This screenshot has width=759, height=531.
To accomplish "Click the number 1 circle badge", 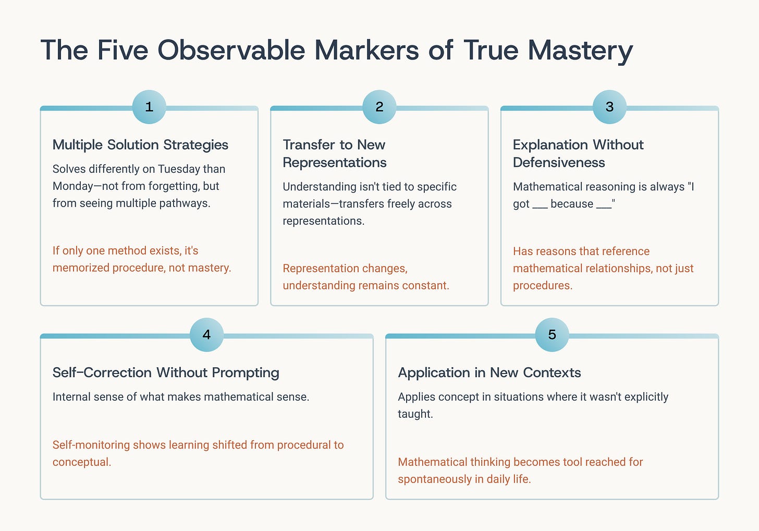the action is (x=149, y=107).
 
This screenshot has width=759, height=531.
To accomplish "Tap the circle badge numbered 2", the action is (x=379, y=107).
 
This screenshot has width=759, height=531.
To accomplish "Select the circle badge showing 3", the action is (x=609, y=107).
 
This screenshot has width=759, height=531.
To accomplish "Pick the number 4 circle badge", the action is (x=206, y=334).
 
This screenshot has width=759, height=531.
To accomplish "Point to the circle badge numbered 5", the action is (x=552, y=334).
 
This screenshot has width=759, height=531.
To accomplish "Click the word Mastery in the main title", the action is (x=580, y=51).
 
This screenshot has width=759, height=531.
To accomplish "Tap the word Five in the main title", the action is (x=123, y=51).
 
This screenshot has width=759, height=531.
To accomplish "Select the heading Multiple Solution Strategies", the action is (x=140, y=144).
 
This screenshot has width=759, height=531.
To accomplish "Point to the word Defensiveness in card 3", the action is (x=559, y=162).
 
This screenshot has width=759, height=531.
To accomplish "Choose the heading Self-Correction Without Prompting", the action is (x=166, y=372).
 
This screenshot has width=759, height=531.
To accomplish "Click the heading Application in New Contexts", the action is (x=489, y=372).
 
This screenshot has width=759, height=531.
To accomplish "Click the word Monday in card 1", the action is (x=74, y=186).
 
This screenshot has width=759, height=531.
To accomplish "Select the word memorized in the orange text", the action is (x=81, y=268).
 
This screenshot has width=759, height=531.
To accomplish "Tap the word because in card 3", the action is (x=571, y=203).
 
